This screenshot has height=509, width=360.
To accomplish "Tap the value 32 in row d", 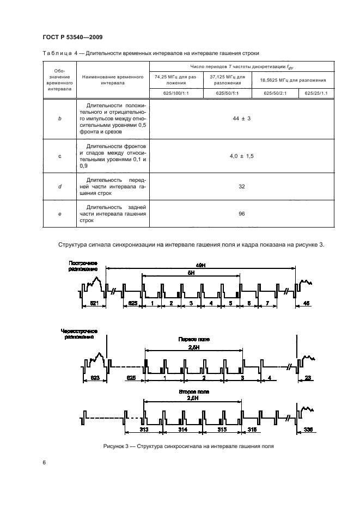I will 241,187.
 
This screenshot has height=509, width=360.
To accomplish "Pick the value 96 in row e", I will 241,214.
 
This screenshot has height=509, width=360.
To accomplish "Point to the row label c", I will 59,156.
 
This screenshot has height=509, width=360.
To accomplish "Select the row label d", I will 59,187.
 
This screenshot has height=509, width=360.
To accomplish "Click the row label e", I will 59,214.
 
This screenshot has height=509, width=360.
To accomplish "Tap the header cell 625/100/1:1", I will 175,93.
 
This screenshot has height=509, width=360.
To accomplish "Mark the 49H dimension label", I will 199,264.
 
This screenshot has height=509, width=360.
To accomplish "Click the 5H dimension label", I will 191,273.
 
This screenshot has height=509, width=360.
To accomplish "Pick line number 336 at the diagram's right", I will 307,430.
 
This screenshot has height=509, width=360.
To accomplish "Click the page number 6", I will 44,463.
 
